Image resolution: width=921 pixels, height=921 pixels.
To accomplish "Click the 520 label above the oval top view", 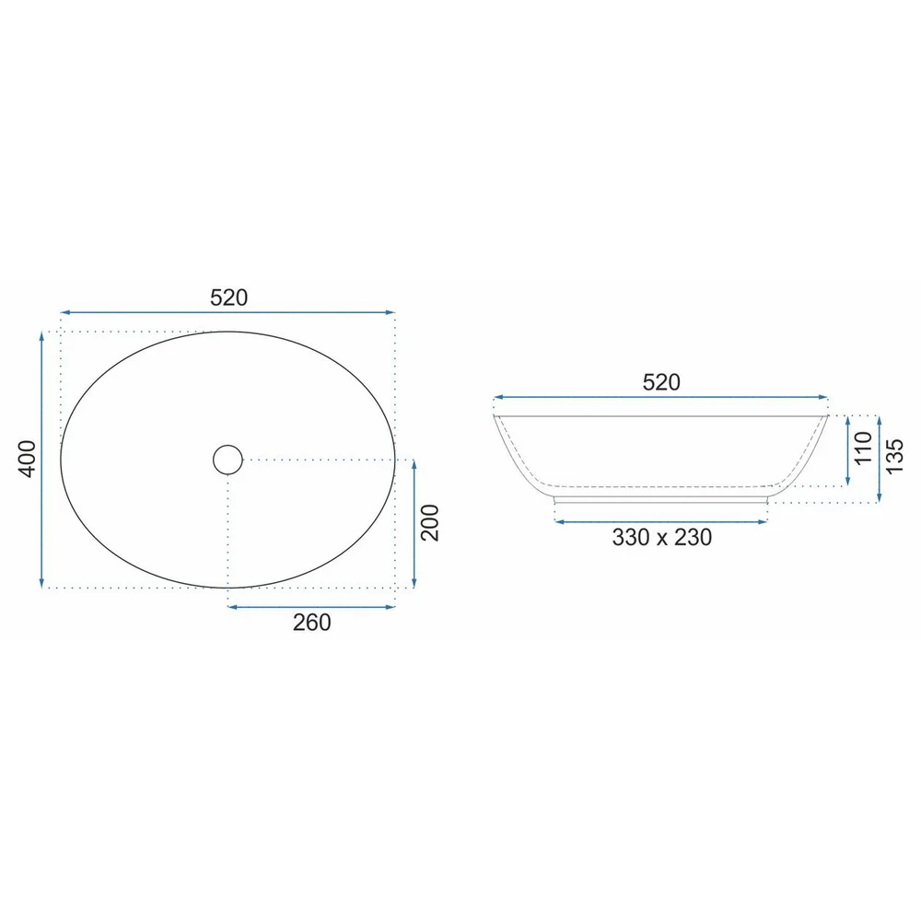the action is click(229, 297).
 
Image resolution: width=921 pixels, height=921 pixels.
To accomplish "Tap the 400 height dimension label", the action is click(29, 459).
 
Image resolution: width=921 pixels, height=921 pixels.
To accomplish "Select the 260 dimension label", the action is click(312, 623).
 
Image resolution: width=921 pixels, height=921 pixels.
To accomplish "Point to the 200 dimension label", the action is click(430, 522).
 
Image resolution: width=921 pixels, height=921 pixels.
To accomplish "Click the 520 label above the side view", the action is click(661, 382).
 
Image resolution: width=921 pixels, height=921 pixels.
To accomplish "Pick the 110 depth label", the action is click(864, 448).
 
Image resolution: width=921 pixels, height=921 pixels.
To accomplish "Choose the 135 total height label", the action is click(894, 457).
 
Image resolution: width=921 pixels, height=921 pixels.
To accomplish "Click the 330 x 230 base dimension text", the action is click(662, 538).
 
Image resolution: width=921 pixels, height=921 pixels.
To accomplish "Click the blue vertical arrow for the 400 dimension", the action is click(41, 460).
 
